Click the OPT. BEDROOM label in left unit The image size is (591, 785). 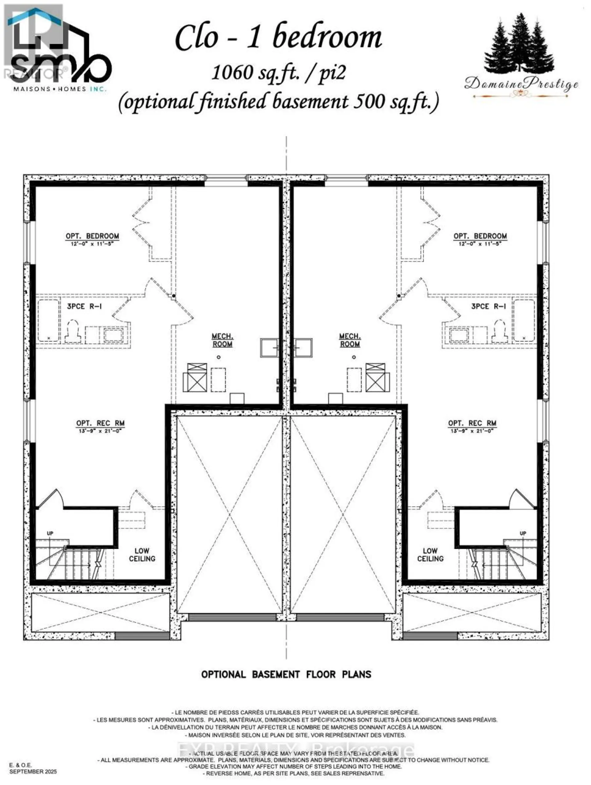pos(92,236)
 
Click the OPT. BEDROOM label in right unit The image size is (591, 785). pos(480,236)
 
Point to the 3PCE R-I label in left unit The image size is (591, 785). pos(84,306)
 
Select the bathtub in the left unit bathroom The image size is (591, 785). pos(48,321)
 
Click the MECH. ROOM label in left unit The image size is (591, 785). pos(223,340)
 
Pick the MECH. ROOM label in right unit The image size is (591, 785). pos(350,340)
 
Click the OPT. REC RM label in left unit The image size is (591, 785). pos(100,423)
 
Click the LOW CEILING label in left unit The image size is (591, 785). pos(142,555)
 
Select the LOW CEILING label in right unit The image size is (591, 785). pos(430,555)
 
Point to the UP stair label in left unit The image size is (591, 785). pos(50,533)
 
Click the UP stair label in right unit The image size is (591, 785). pos(523,533)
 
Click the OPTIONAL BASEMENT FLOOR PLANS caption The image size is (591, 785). pos(286,674)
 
